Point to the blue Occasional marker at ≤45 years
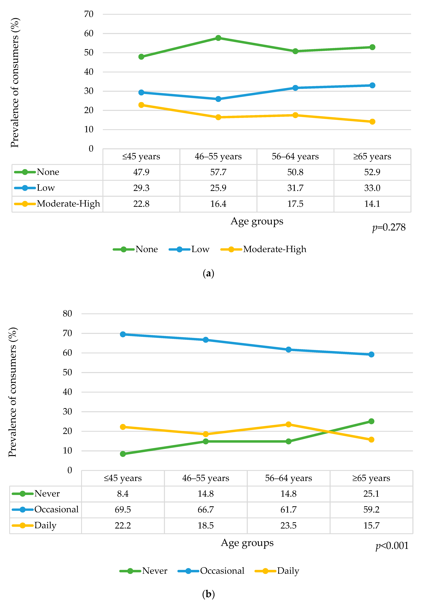pyautogui.click(x=123, y=334)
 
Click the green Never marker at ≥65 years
pyautogui.click(x=371, y=421)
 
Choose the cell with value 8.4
pyautogui.click(x=123, y=494)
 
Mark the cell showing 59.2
pyautogui.click(x=371, y=509)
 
